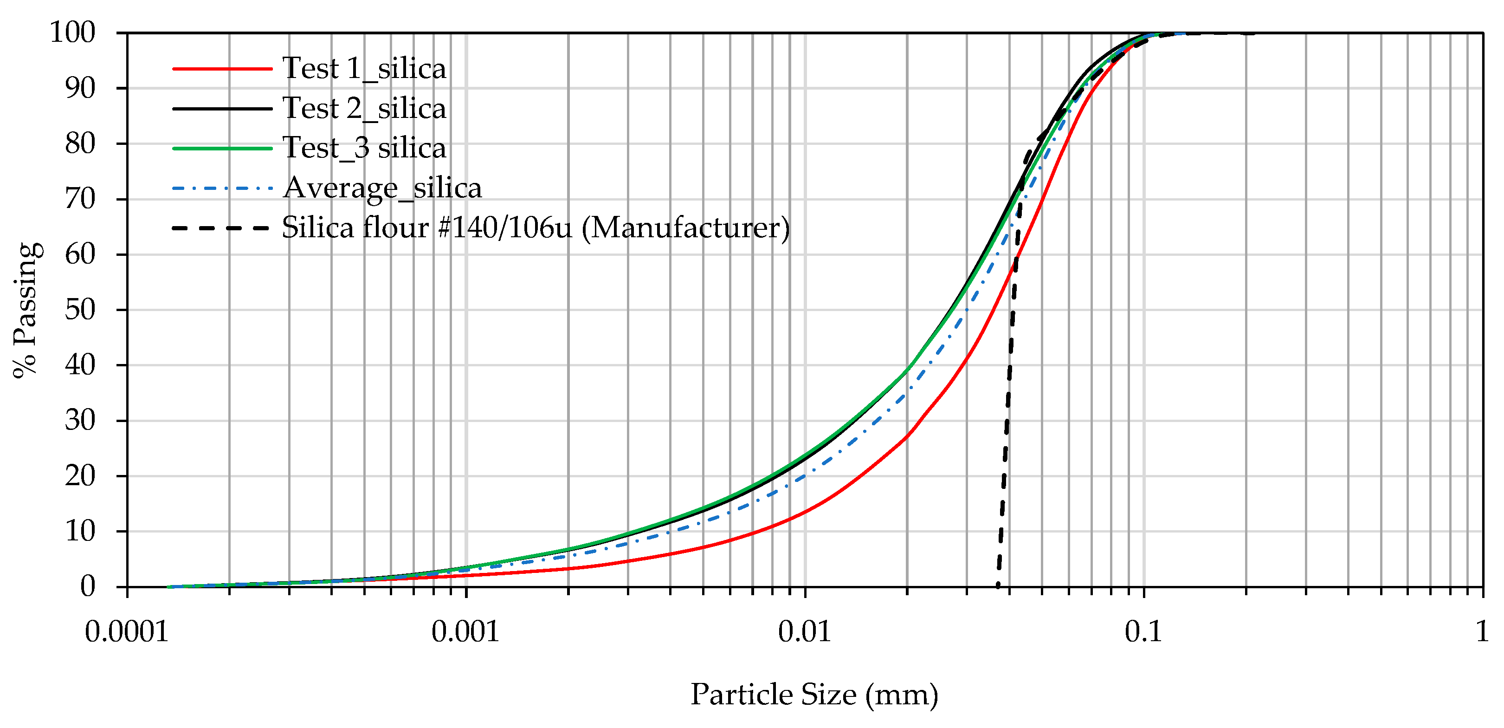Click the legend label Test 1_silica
(364, 69)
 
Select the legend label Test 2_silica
(364, 109)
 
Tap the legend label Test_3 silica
(364, 148)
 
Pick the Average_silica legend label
(382, 188)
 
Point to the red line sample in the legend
(222, 69)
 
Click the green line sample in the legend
(222, 149)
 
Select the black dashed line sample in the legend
(222, 228)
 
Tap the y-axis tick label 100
(72, 32)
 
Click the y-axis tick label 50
(80, 310)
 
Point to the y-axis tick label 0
(88, 586)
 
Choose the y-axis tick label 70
(80, 199)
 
